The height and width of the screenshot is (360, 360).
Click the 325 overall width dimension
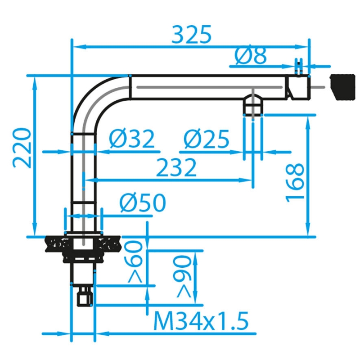tap(191, 35)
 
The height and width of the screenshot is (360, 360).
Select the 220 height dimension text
tap(22, 148)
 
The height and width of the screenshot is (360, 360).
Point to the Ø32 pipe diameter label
tap(131, 139)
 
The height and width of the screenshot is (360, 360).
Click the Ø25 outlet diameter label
tap(207, 139)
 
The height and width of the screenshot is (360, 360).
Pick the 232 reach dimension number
tap(176, 167)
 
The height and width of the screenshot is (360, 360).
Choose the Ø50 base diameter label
tap(143, 203)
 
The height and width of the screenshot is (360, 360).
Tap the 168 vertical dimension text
tap(295, 183)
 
